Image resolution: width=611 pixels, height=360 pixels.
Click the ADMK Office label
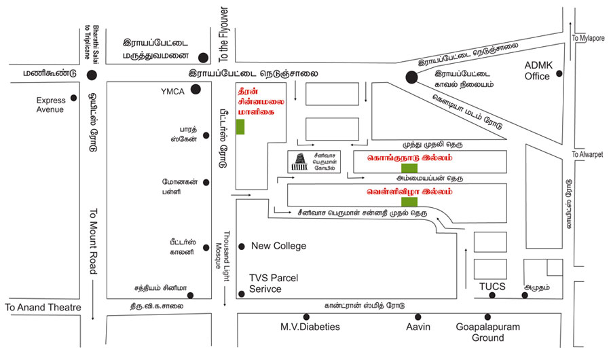point(538,71)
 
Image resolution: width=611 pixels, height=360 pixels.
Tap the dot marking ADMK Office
point(559,73)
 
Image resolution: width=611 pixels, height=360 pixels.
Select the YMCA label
point(172,92)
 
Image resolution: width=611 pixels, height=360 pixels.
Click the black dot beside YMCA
point(196,89)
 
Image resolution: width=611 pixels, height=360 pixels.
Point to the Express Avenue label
point(50,105)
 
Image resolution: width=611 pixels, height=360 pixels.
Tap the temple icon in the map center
point(299,162)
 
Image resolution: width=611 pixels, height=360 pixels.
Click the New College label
point(278,246)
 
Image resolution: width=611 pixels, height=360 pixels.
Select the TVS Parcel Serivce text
point(273,283)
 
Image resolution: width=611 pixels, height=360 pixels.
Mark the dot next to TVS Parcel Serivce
point(241,294)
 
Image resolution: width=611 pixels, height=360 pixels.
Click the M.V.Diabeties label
point(310,327)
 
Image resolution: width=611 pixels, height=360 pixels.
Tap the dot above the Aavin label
point(418,317)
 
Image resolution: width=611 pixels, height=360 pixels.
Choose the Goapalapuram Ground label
point(488,332)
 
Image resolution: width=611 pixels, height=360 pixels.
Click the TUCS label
point(492,287)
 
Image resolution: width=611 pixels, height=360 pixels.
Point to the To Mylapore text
point(588,38)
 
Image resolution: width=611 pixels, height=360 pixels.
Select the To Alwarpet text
point(587,154)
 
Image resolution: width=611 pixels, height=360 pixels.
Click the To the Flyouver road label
point(223,35)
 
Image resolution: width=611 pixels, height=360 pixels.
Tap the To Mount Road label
point(93,241)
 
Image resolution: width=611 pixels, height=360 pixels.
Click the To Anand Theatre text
point(43,307)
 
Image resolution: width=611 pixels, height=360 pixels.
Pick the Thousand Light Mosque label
point(223,256)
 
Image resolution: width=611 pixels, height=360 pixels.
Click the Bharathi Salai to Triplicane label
point(92,42)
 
